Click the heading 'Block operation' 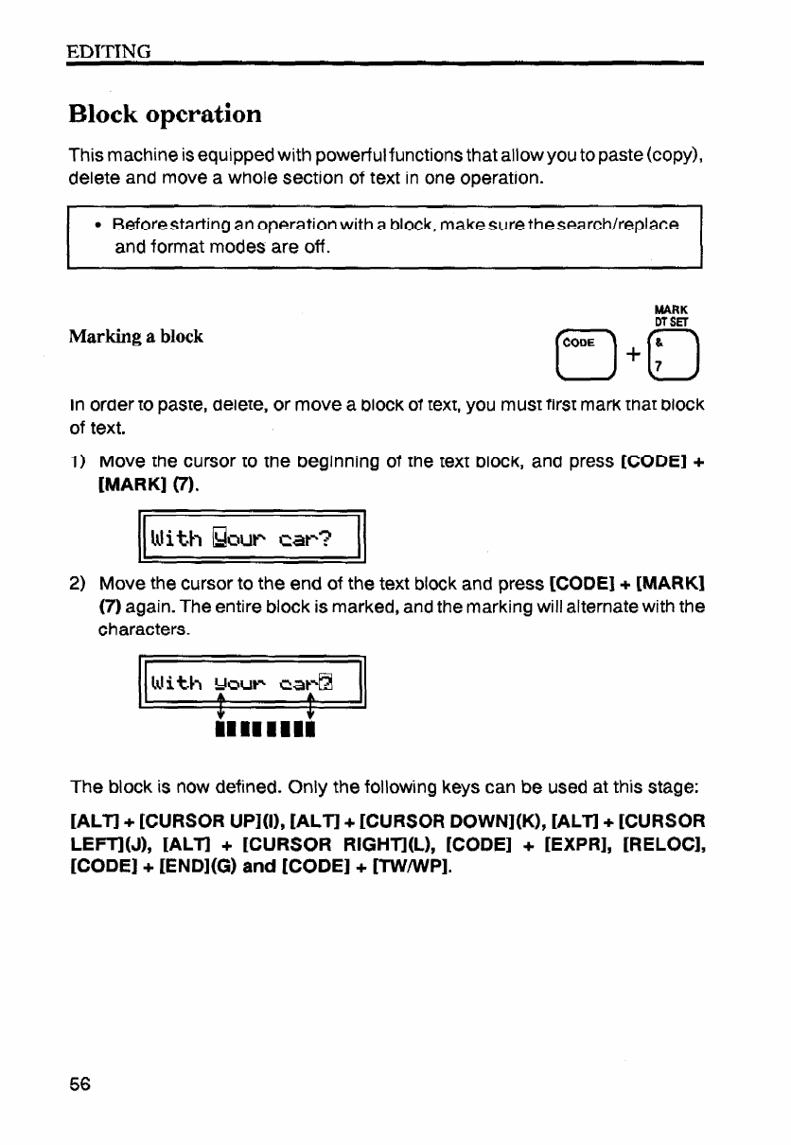point(165,114)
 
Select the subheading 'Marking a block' point(135,337)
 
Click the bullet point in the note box point(98,230)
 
